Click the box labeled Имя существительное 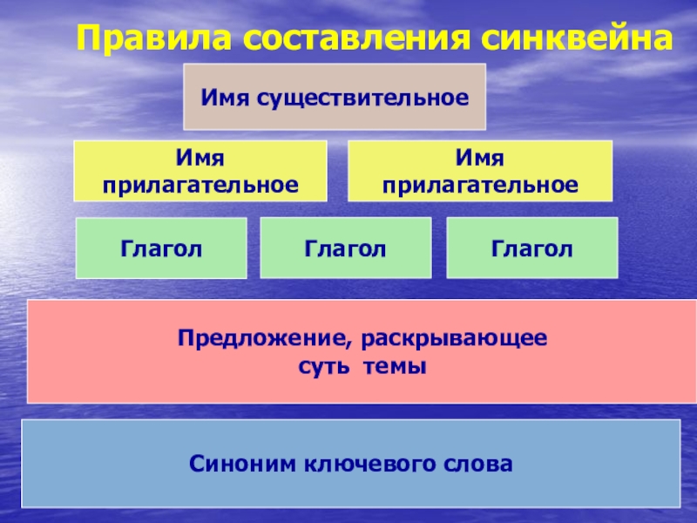pyautogui.click(x=334, y=96)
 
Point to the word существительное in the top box pyautogui.click(x=358, y=96)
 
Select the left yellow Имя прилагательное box pyautogui.click(x=200, y=172)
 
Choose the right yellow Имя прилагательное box pyautogui.click(x=480, y=172)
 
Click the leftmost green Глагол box pyautogui.click(x=161, y=249)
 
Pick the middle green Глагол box pyautogui.click(x=346, y=249)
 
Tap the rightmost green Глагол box pyautogui.click(x=531, y=249)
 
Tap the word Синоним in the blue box pyautogui.click(x=239, y=463)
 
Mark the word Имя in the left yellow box pyautogui.click(x=200, y=159)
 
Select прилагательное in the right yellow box pyautogui.click(x=480, y=185)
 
